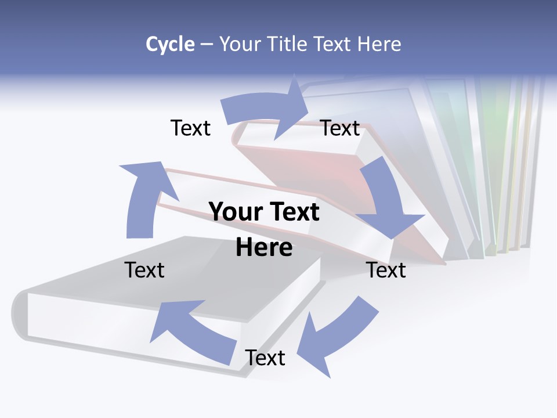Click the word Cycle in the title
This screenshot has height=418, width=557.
point(170,44)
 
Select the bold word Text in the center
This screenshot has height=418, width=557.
point(292,212)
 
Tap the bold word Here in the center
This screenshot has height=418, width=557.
point(264,247)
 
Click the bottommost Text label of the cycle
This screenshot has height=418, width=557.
point(265,358)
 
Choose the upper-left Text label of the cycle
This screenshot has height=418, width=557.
point(190,128)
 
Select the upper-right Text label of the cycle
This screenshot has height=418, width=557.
point(340,128)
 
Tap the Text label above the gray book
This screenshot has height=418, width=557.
point(144,270)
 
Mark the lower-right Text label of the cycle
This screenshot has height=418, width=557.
point(386,270)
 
